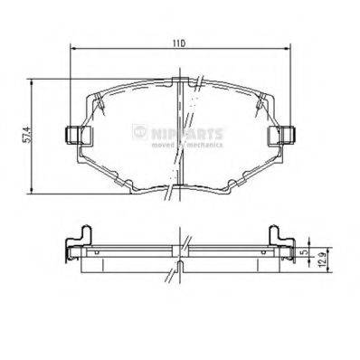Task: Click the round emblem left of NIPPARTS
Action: click(138, 132)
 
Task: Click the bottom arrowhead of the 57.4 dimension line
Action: click(33, 192)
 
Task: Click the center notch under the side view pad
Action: click(179, 269)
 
